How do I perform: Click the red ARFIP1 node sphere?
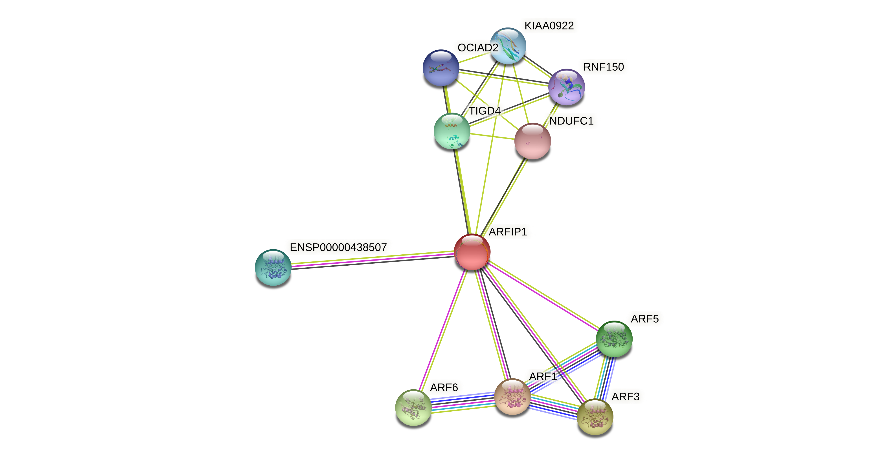(472, 252)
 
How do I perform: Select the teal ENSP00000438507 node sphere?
(273, 268)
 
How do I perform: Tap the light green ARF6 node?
(413, 407)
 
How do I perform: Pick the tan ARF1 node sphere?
(512, 397)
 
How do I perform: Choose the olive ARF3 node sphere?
(595, 416)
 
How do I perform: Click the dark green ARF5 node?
(614, 339)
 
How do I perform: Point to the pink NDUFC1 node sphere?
(532, 141)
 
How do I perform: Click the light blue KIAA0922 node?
(508, 46)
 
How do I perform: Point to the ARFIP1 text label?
(508, 232)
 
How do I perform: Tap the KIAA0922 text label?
(549, 26)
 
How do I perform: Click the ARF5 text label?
(644, 319)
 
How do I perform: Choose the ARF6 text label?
(444, 387)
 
